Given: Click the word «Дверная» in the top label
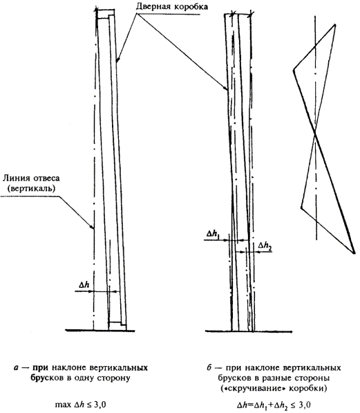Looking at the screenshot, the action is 151,7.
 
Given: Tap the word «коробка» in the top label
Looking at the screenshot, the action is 188,7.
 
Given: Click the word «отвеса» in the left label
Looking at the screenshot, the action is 45,179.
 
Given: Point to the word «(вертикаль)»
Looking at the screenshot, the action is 32,189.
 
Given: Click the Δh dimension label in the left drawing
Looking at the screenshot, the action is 84,285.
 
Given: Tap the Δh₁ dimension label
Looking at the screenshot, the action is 213,234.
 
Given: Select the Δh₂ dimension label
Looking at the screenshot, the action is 265,246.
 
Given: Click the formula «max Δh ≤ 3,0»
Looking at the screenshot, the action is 81,405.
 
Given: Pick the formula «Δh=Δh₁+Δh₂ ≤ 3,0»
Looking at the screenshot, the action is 274,405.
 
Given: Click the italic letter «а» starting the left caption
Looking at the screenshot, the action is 16,368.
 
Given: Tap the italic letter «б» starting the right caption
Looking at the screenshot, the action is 209,367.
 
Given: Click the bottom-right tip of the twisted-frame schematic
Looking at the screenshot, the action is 354,253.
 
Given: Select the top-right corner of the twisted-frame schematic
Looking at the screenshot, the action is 335,25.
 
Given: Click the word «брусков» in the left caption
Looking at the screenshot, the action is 47,378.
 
